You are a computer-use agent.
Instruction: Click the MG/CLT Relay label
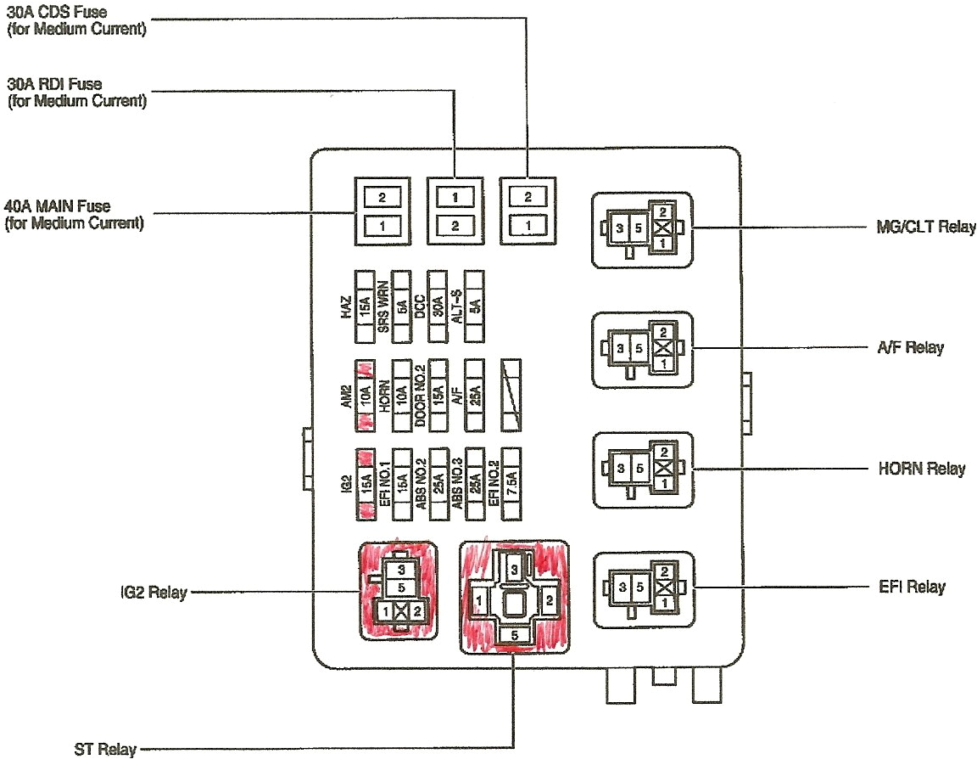(925, 228)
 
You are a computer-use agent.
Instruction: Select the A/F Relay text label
(911, 348)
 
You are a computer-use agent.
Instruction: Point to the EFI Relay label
(913, 588)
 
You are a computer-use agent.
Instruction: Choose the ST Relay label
(105, 749)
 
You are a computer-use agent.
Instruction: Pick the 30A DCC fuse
(438, 303)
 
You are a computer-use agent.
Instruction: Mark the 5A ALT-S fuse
(475, 303)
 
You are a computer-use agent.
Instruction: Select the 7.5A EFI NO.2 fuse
(512, 482)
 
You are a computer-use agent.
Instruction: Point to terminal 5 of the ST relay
(512, 634)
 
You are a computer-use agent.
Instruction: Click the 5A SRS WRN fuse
(402, 303)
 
